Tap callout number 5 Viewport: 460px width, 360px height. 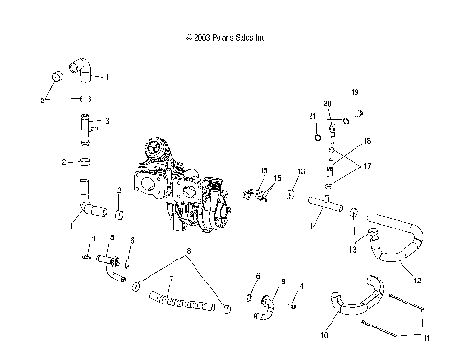point(111,236)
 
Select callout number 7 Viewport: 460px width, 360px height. point(171,280)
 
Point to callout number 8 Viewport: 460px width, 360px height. point(189,251)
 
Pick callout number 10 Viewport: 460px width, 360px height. point(323,336)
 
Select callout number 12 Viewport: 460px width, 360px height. point(417,280)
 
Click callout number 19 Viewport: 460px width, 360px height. point(354,92)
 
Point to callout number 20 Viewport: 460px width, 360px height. point(327,103)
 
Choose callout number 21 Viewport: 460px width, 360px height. point(311,116)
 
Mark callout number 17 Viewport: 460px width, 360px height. point(366,164)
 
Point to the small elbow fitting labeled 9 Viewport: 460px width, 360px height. point(263,304)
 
